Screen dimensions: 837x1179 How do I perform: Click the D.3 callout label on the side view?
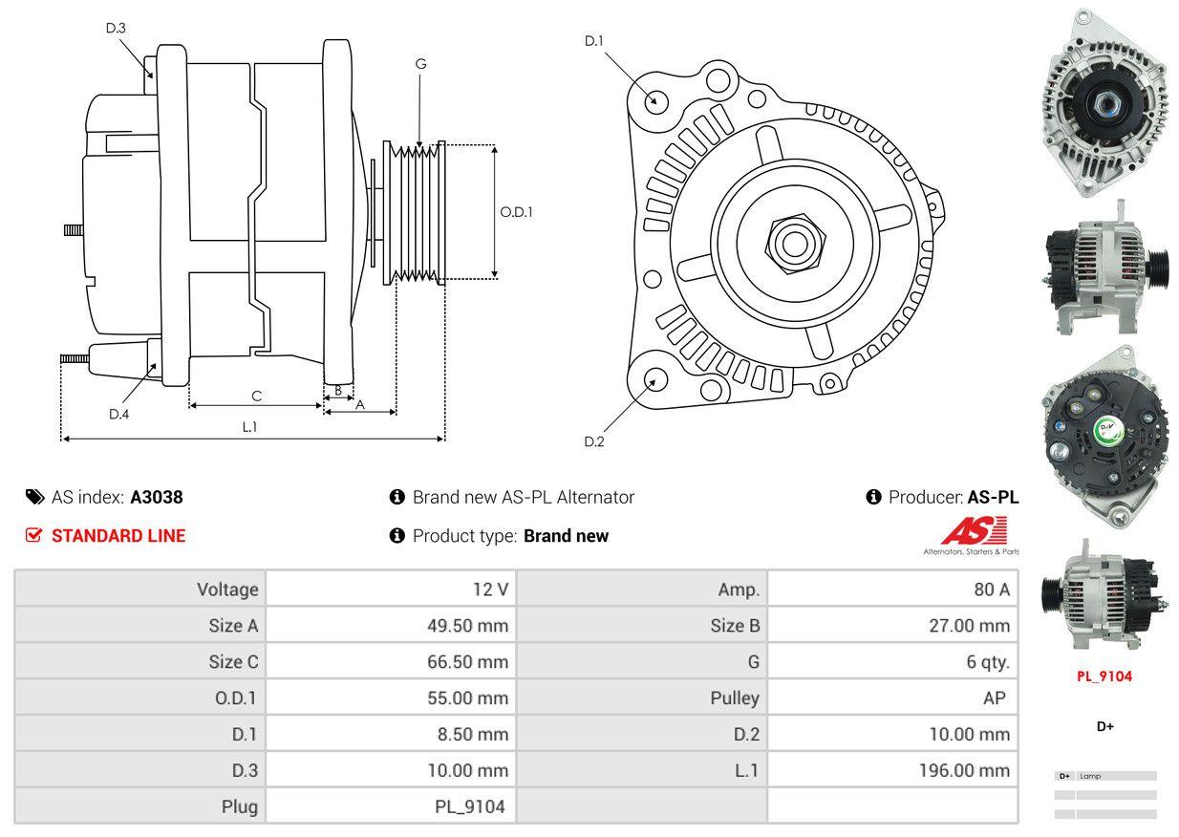(x=116, y=28)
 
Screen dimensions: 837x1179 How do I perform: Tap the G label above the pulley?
(x=420, y=64)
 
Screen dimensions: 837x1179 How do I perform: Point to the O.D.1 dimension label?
(x=516, y=212)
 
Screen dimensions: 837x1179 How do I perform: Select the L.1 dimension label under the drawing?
(x=249, y=427)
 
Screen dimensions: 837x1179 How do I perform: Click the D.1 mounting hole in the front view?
(x=655, y=99)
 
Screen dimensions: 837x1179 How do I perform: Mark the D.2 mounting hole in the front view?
(x=655, y=379)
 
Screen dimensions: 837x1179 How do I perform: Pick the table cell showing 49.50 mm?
(x=467, y=626)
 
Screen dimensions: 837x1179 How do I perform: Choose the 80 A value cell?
(x=991, y=590)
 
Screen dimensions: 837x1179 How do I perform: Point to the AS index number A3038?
(x=157, y=497)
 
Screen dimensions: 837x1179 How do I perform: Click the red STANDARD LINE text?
(x=118, y=536)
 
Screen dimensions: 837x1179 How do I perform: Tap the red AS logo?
(x=974, y=530)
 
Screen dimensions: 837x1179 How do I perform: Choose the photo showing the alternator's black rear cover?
(x=1105, y=439)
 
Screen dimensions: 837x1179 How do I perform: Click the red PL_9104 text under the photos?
(x=1104, y=676)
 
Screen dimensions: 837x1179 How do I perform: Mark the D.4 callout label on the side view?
(x=118, y=414)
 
